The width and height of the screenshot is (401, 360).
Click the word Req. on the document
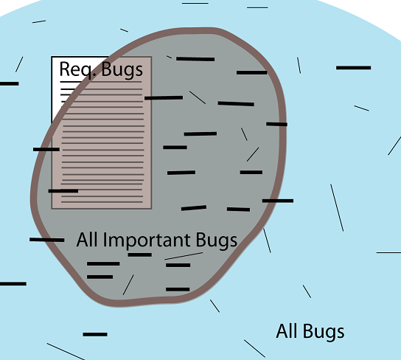point(78,69)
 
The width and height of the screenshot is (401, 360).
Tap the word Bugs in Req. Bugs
point(122,70)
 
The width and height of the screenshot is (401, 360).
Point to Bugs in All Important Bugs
point(217,240)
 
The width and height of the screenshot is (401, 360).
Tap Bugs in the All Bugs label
point(324,332)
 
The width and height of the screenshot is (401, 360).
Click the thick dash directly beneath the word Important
point(140,255)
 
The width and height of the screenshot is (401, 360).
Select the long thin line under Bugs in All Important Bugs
point(184,256)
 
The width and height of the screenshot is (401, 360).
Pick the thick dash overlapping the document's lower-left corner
point(63,191)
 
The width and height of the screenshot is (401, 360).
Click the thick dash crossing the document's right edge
point(164,97)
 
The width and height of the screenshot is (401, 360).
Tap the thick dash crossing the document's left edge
point(46,149)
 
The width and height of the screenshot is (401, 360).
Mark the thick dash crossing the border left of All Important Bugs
point(46,240)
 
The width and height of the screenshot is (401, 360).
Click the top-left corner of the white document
point(52,57)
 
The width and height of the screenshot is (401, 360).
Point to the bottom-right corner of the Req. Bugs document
point(151,209)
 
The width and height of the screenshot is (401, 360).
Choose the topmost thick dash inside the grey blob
point(195,59)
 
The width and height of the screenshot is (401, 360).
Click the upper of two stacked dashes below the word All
point(103,263)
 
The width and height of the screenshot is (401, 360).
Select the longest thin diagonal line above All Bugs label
point(337,207)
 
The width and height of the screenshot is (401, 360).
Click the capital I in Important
point(105,240)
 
